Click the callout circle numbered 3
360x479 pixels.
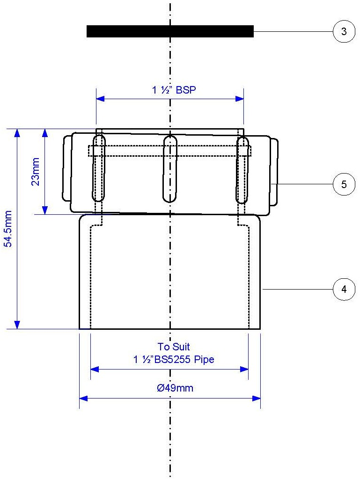click(x=344, y=32)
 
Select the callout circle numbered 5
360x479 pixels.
click(x=344, y=184)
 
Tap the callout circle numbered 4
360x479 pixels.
click(x=344, y=290)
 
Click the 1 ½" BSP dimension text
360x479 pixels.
click(x=174, y=90)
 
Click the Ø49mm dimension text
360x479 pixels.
click(x=175, y=388)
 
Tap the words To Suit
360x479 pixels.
click(x=174, y=347)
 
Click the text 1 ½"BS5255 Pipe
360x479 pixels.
click(x=174, y=359)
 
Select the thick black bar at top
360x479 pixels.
click(x=170, y=31)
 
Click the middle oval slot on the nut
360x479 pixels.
click(x=170, y=169)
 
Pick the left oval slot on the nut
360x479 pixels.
click(x=98, y=169)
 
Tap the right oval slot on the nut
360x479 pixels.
click(x=242, y=169)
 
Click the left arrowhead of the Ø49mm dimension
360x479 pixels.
click(x=83, y=399)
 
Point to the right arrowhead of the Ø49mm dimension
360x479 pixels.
click(x=256, y=399)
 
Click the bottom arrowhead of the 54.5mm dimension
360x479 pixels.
click(x=17, y=325)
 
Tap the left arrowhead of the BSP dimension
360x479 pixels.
click(x=100, y=99)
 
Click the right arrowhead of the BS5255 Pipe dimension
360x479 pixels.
click(x=244, y=370)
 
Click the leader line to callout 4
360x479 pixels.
click(x=297, y=290)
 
